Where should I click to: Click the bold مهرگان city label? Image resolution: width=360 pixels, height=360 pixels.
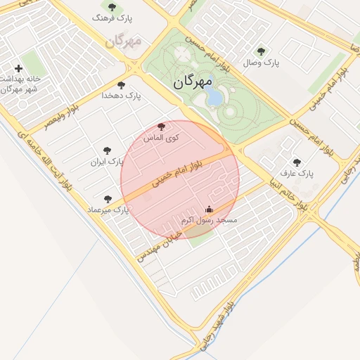(x=192, y=82)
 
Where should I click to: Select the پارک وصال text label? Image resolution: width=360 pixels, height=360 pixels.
(x=262, y=63)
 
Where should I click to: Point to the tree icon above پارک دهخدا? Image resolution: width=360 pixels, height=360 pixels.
(x=121, y=85)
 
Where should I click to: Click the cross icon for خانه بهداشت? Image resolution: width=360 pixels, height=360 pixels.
(x=18, y=68)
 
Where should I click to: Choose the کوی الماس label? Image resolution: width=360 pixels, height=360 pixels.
(x=161, y=138)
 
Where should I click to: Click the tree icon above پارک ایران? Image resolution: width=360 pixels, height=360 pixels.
(x=107, y=150)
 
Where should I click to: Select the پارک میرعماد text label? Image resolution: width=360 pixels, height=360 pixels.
(x=108, y=210)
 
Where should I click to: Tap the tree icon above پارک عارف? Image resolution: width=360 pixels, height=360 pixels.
(x=296, y=162)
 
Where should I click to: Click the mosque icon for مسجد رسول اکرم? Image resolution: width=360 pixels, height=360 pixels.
(x=208, y=209)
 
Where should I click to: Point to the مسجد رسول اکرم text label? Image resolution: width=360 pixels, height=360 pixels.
(x=210, y=220)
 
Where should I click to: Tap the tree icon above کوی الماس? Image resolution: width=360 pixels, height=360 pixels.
(x=161, y=127)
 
